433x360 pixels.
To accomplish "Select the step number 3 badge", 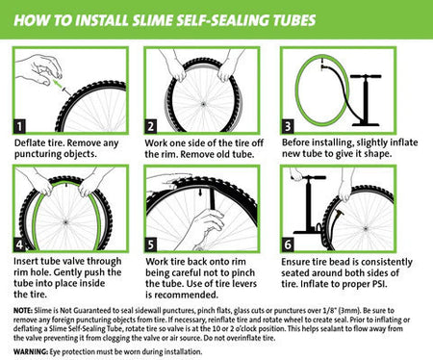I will click(285, 125).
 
